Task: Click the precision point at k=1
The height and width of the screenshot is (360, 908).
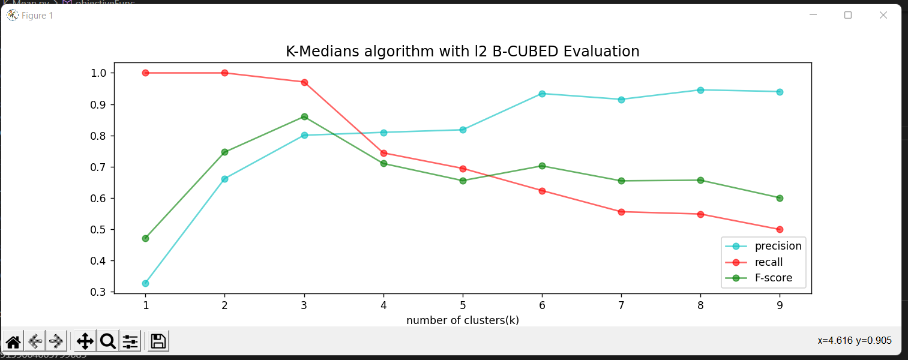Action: [145, 283]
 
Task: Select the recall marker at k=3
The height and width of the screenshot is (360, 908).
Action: [304, 82]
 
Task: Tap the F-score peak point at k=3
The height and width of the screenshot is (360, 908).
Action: [304, 116]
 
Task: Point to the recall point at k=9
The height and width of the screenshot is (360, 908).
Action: [780, 229]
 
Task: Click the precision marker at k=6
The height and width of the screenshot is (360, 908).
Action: [542, 94]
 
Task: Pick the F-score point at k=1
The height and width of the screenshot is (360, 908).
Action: [145, 238]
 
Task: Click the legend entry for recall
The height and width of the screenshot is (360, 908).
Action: [768, 262]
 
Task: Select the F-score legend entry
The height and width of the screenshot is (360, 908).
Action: [773, 278]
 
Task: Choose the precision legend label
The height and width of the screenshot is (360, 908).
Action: [778, 246]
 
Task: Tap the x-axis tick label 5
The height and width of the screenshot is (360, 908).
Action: [463, 305]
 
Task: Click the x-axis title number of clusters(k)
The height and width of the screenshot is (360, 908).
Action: [462, 320]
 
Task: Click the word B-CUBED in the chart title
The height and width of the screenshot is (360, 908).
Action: [526, 52]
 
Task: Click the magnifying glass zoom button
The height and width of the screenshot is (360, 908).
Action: [107, 341]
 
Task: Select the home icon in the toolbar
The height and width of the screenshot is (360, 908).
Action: [13, 341]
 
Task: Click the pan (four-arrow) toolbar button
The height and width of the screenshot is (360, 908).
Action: [85, 341]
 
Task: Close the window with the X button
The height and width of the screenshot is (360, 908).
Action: [883, 15]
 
